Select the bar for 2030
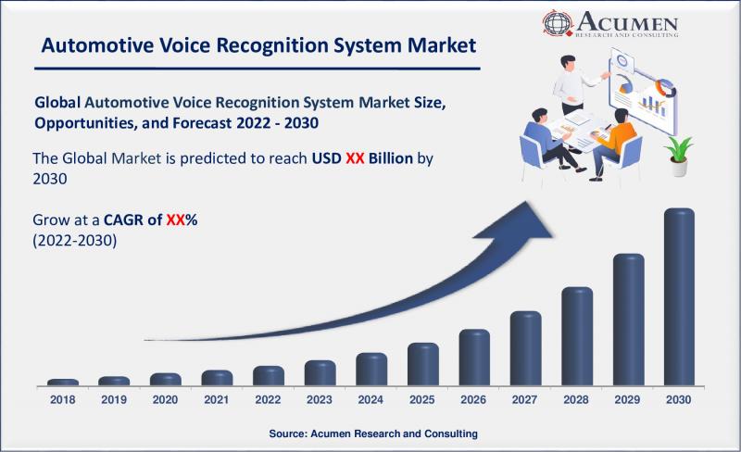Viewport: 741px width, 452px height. (679, 297)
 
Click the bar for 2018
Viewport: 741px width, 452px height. (63, 382)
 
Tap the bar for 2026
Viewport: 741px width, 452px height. (474, 357)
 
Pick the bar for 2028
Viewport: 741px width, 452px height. (577, 336)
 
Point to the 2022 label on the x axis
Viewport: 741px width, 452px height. (268, 400)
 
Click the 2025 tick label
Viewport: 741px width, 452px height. (422, 400)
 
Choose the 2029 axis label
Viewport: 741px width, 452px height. (627, 400)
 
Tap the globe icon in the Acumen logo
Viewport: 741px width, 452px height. (558, 22)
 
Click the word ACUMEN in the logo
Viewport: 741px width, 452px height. (627, 20)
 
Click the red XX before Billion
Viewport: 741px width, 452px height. (355, 157)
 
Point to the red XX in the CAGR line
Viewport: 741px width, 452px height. (175, 220)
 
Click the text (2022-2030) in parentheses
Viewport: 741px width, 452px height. (75, 241)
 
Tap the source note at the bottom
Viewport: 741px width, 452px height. (373, 433)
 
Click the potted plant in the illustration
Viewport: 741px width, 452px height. (679, 156)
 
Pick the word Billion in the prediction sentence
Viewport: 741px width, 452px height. (391, 157)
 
